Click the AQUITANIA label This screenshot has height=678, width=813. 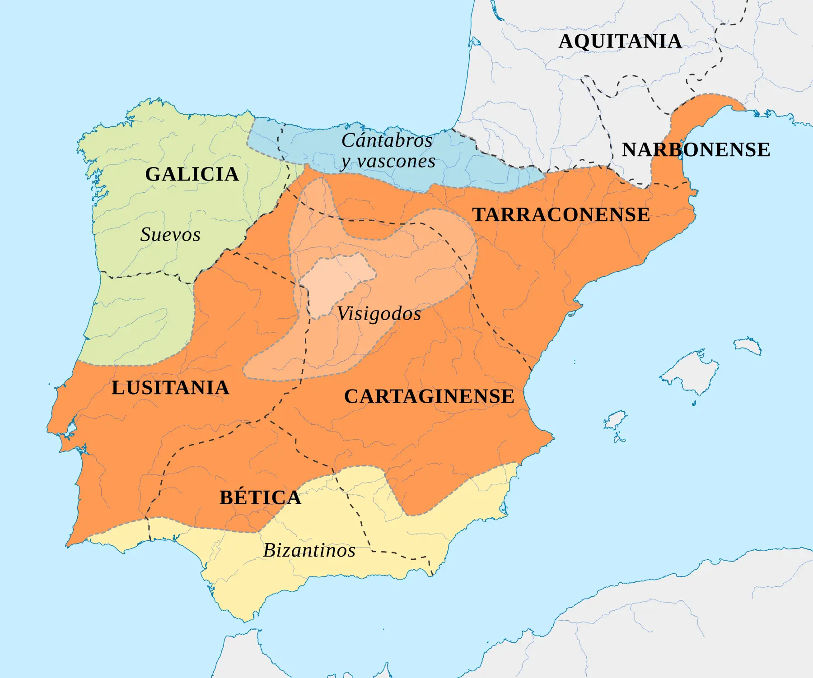[620, 42]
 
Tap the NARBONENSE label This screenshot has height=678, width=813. [696, 150]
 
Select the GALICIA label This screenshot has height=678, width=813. [192, 174]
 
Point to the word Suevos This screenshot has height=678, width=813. [170, 235]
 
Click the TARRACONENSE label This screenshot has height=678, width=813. [561, 215]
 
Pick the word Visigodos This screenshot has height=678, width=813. [379, 314]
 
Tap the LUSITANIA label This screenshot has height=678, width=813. [170, 388]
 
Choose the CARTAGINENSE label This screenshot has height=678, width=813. [429, 396]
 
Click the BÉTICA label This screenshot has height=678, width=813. [260, 497]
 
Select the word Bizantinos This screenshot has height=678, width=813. [309, 550]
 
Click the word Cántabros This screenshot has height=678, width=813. [387, 140]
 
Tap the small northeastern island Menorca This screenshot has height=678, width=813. [748, 345]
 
